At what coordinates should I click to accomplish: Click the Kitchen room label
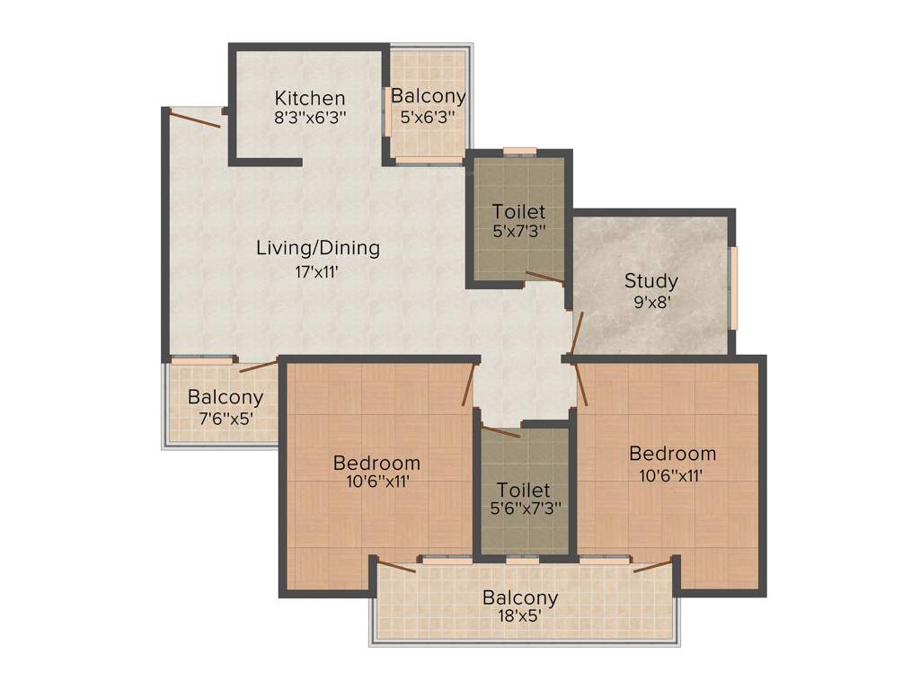click(x=310, y=98)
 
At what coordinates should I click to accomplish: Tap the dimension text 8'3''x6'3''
click(x=310, y=117)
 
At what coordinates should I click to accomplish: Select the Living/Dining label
click(x=318, y=248)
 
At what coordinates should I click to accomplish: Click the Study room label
click(x=651, y=280)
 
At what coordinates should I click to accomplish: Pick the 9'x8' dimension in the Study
click(x=651, y=302)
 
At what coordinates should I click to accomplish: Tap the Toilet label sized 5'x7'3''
click(x=519, y=212)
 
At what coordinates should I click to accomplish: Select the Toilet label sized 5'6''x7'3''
click(x=524, y=491)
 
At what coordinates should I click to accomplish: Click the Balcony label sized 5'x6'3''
click(x=429, y=96)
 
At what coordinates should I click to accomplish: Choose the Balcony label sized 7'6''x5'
click(x=226, y=396)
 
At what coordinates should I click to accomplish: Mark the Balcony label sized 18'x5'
click(x=520, y=597)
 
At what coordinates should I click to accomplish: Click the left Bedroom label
click(x=376, y=463)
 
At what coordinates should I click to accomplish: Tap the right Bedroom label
click(x=672, y=453)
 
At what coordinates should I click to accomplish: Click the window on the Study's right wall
click(x=734, y=288)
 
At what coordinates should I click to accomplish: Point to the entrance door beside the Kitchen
click(x=195, y=118)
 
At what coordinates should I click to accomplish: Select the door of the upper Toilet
click(x=544, y=277)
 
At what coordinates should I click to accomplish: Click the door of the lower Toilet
click(x=500, y=432)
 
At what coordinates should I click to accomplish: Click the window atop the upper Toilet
click(x=519, y=151)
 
